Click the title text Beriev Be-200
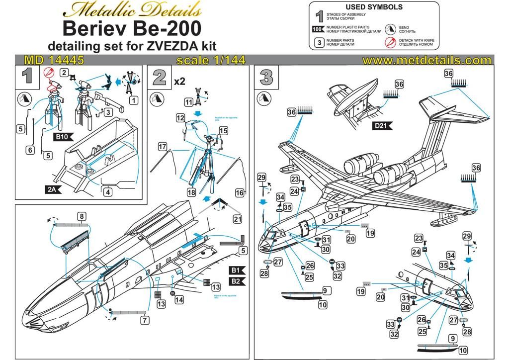point(133,28)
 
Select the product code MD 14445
point(54,60)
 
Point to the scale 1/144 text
point(211,60)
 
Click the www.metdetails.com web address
point(426,60)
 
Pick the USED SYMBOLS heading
point(374,7)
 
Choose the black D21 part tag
point(383,126)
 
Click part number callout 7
point(145,320)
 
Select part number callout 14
point(179,299)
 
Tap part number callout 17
point(162,147)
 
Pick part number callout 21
point(237,219)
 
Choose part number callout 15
point(223,130)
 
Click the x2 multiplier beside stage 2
point(179,80)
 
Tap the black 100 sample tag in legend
point(318,29)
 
